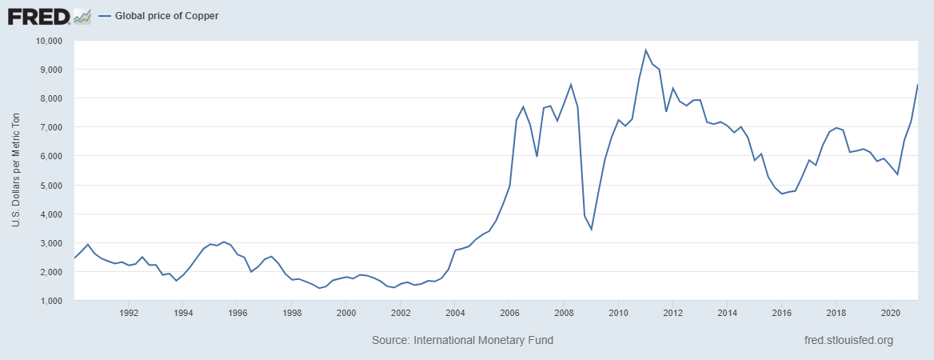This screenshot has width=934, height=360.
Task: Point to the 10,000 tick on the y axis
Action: (x=50, y=41)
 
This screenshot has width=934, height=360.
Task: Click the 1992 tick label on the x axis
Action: (x=129, y=313)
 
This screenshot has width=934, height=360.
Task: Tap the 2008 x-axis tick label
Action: (x=564, y=313)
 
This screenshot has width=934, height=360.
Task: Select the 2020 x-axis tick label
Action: (x=890, y=313)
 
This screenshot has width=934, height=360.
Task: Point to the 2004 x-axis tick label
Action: (x=455, y=313)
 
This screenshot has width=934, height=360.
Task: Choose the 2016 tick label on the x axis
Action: (x=781, y=313)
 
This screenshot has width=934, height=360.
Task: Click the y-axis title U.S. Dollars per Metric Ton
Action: (x=16, y=170)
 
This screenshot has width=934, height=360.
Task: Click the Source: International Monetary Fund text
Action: (x=462, y=341)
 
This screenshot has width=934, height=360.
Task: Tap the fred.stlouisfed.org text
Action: (x=848, y=341)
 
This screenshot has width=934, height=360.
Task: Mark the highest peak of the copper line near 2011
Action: (x=645, y=50)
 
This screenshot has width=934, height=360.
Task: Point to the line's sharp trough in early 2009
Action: (x=591, y=230)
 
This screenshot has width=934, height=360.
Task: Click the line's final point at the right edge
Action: (x=916, y=85)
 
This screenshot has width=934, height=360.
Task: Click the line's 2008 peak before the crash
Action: (x=570, y=84)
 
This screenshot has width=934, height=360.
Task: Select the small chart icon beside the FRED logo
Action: (x=82, y=16)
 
